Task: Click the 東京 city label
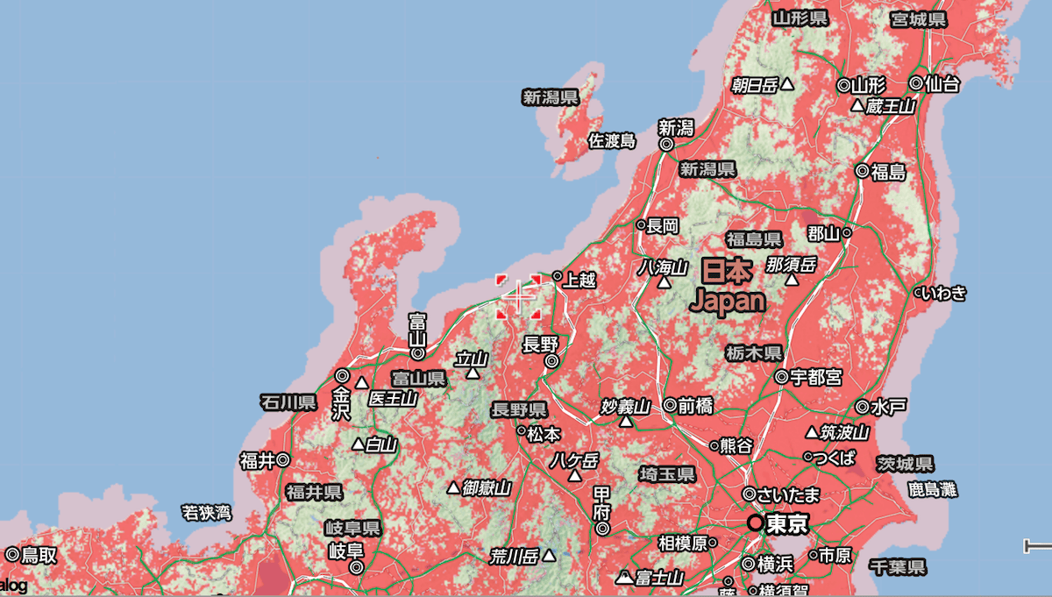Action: tap(786, 524)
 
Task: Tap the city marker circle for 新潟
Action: tap(666, 145)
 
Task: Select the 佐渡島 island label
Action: tap(612, 140)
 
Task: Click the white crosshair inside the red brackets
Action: tap(519, 297)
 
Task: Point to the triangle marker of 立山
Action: tap(473, 373)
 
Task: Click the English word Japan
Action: tap(728, 302)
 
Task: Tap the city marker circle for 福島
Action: tap(863, 172)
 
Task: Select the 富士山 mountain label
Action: tap(659, 577)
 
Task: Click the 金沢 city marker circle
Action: tap(342, 375)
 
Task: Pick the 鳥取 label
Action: tap(39, 554)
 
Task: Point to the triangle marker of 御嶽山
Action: tap(453, 487)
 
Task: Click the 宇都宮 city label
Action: tap(816, 377)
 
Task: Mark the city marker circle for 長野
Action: tap(551, 360)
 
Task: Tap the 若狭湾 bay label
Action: tap(207, 510)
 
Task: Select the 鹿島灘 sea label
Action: tap(931, 489)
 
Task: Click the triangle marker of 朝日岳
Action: tap(787, 85)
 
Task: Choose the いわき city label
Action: tap(946, 293)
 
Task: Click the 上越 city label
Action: tap(579, 281)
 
